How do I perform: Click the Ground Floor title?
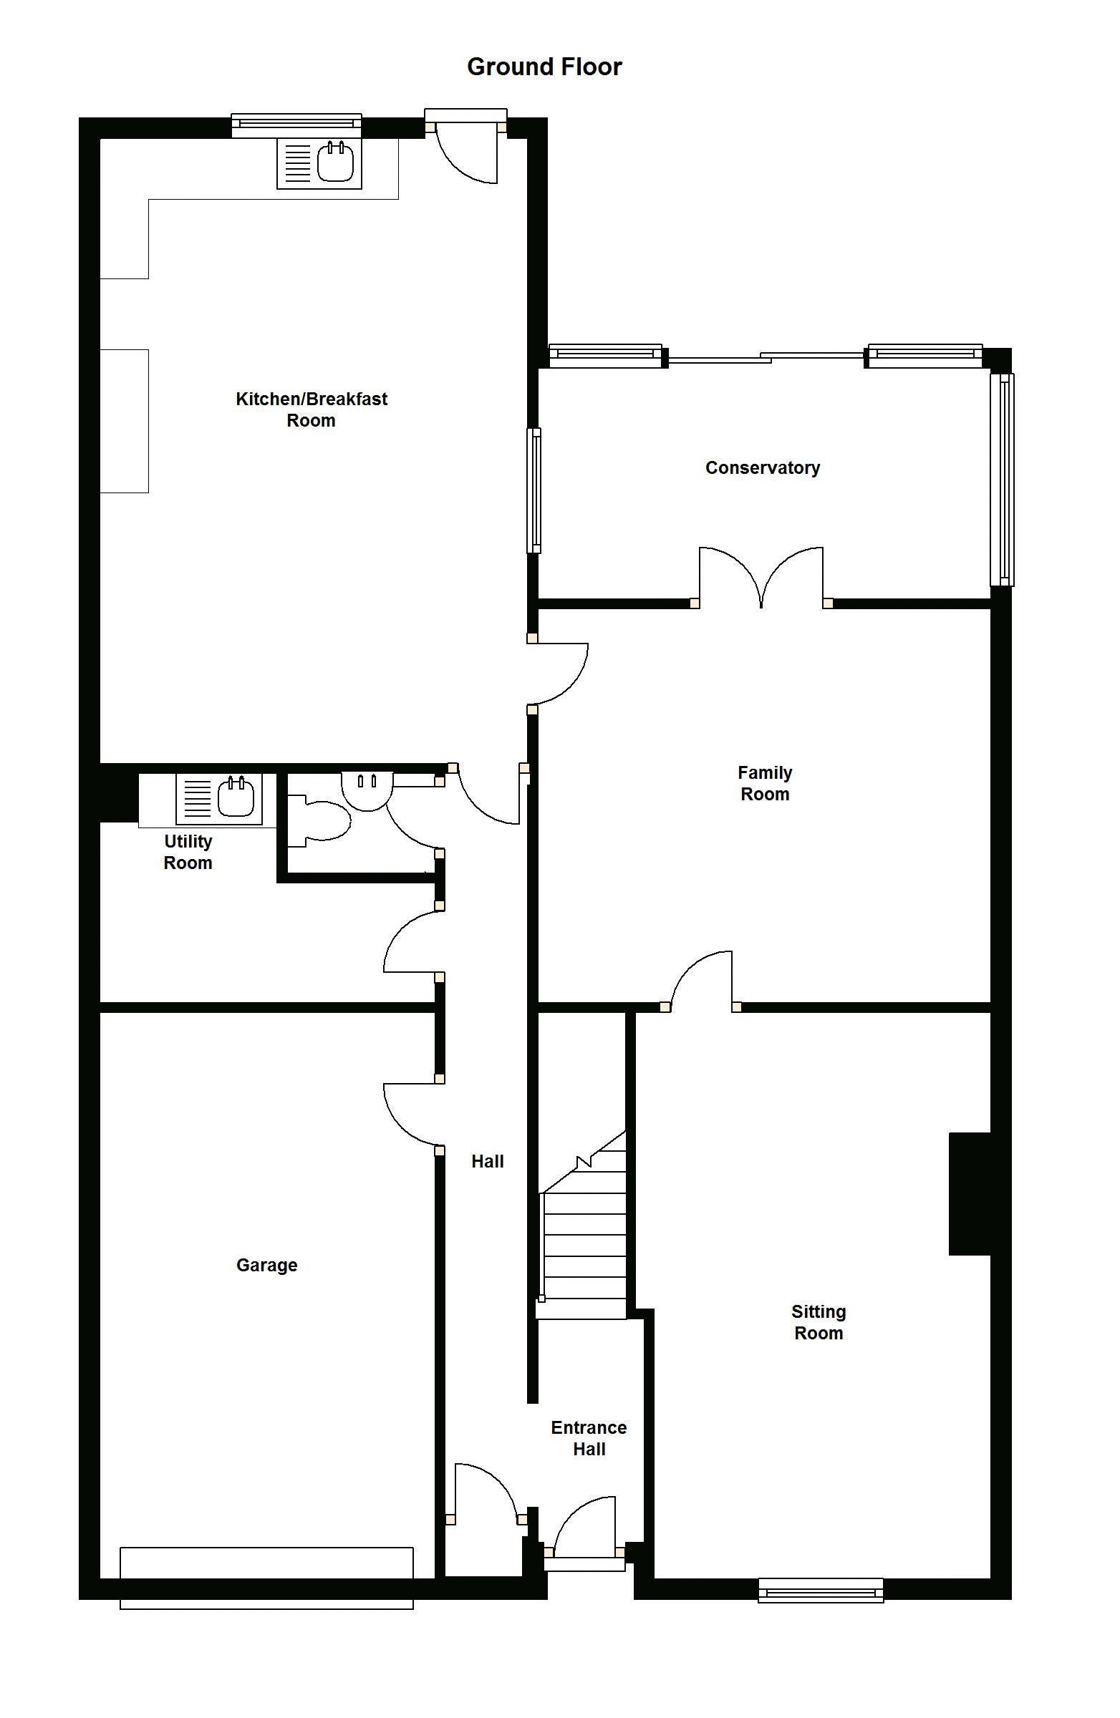click(x=544, y=67)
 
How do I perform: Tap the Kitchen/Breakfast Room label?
click(x=312, y=409)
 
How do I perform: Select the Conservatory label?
click(x=763, y=467)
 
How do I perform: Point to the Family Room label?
click(x=765, y=783)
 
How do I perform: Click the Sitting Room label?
click(x=818, y=1322)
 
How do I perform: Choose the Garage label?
click(x=266, y=1265)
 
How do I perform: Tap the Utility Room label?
click(x=188, y=852)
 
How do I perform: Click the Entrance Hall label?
click(x=589, y=1438)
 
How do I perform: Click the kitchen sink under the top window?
click(x=319, y=163)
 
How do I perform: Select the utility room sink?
click(x=218, y=799)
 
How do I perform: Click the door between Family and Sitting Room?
click(x=701, y=980)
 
